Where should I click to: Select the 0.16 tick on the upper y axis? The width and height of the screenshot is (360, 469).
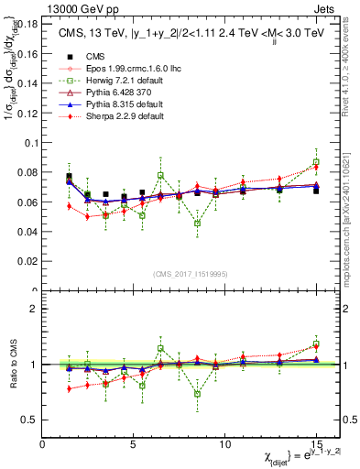point(29,54)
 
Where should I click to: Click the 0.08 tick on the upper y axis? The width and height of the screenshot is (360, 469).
point(29,172)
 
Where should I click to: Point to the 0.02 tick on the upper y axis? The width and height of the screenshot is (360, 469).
point(29,262)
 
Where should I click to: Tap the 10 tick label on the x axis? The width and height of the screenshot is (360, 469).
point(225,443)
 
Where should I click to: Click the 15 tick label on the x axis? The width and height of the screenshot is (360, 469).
point(316,443)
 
